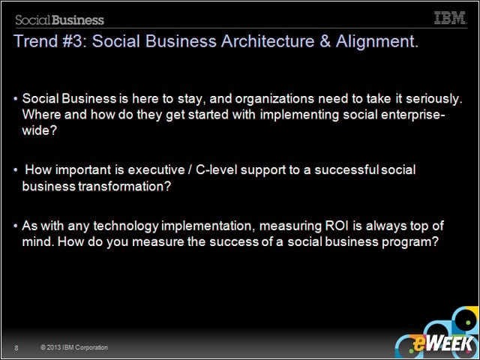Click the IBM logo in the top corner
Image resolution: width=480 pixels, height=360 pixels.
pos(450,18)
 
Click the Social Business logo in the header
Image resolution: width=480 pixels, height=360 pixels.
pos(60,20)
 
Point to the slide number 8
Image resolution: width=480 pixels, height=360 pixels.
pos(16,348)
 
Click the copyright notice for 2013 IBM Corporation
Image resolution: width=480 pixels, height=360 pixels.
pos(74,347)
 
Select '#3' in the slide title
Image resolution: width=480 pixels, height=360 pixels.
pos(72,41)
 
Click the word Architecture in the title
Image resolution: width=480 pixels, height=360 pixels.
pos(268,41)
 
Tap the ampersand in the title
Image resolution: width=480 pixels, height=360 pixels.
pos(325,41)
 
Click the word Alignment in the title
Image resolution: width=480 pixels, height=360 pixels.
pos(376,42)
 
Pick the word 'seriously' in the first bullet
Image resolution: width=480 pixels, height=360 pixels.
pos(434,99)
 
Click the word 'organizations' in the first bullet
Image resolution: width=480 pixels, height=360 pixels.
pos(274,99)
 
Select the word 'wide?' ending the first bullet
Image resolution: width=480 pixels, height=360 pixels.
pos(40,130)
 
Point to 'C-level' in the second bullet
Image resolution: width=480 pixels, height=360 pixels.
pos(217,169)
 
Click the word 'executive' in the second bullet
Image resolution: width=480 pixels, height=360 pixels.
pos(157,170)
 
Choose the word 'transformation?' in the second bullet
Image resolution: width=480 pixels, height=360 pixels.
pos(124,186)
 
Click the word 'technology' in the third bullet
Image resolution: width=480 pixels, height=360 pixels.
pos(126,226)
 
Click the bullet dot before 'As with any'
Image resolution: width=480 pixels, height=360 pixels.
pos(15,226)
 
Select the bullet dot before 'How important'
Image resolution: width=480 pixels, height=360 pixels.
pos(15,170)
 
